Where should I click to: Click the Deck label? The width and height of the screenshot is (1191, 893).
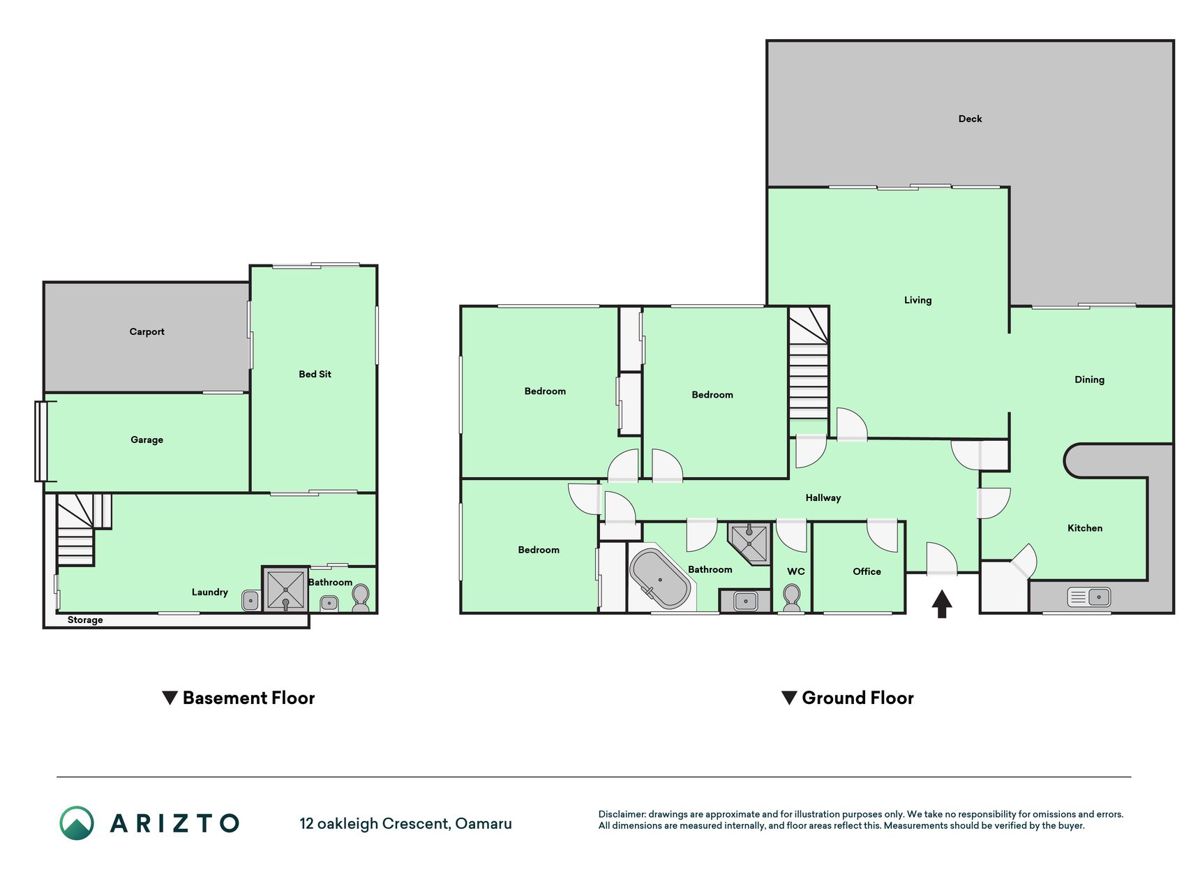click(970, 119)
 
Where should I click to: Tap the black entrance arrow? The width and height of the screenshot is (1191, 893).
click(942, 604)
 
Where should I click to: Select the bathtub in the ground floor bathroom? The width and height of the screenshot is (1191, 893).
click(660, 579)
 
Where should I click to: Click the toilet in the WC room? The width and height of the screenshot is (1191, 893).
click(791, 599)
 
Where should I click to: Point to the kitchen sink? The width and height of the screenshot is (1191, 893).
click(1089, 597)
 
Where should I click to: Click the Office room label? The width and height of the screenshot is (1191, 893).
click(867, 571)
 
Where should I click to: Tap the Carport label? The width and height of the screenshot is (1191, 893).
click(147, 331)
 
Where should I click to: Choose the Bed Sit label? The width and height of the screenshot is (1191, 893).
click(315, 374)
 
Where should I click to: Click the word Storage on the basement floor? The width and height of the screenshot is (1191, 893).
click(85, 620)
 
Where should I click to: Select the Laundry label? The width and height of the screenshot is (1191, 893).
click(209, 592)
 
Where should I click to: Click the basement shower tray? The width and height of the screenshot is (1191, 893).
click(285, 590)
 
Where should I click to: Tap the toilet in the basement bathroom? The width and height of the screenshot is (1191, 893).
click(360, 598)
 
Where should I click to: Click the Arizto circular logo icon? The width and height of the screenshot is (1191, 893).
click(77, 823)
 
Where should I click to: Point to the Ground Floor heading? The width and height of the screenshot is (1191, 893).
click(857, 698)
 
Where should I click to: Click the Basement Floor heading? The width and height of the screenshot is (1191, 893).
click(248, 698)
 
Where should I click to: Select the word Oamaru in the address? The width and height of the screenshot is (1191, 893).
click(484, 824)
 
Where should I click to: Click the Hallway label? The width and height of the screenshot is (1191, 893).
click(823, 498)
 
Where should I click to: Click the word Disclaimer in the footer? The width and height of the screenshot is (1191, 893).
click(622, 814)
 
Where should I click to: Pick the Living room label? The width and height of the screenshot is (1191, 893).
click(917, 301)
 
